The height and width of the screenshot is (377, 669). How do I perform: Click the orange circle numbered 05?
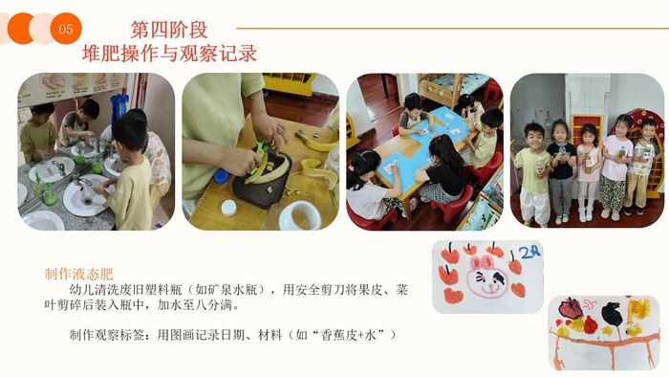click(66, 29)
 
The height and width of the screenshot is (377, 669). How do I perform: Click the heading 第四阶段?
click(169, 30)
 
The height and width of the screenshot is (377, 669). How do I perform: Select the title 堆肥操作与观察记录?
click(169, 54)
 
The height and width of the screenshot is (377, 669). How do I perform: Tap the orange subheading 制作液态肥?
click(79, 274)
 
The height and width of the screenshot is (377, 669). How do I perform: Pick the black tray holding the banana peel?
click(262, 180)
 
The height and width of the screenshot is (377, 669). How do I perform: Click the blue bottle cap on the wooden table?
click(221, 176)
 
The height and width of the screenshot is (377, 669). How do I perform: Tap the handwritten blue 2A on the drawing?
click(530, 252)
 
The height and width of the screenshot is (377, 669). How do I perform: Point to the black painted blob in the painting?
click(611, 314)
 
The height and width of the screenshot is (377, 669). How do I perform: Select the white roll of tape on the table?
click(300, 216)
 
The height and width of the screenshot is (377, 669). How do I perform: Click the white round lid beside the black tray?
click(228, 208)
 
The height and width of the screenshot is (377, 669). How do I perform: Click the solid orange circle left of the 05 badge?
click(19, 29)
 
